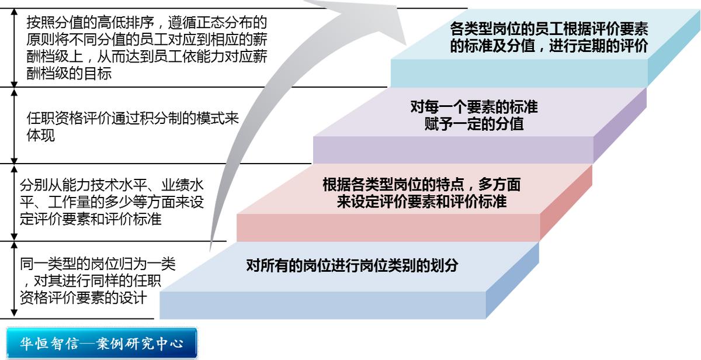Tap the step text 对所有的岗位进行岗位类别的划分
pyautogui.click(x=352, y=266)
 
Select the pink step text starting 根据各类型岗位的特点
pyautogui.click(x=421, y=186)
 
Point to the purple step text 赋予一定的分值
pyautogui.click(x=474, y=124)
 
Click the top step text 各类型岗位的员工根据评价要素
pyautogui.click(x=549, y=29)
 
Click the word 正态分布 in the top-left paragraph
pyautogui.click(x=222, y=23)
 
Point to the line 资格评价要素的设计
pyautogui.click(x=82, y=297)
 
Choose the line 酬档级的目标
pyautogui.click(x=69, y=74)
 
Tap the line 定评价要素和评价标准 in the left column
pyautogui.click(x=91, y=220)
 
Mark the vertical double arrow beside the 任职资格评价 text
pyautogui.click(x=15, y=126)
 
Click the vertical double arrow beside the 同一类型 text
pyautogui.click(x=15, y=279)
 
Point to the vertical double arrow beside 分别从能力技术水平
pyautogui.click(x=15, y=202)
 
